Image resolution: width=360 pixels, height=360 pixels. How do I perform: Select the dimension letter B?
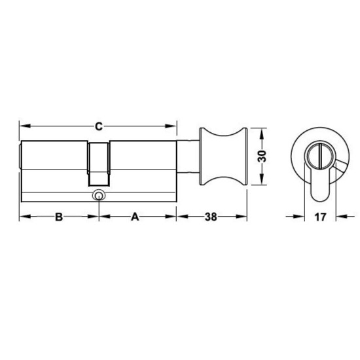[x=58, y=217]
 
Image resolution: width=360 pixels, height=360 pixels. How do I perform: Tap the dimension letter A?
[x=136, y=217]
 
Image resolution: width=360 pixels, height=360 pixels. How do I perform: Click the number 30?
[x=262, y=158]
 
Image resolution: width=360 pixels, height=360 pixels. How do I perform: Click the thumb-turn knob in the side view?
[x=224, y=158]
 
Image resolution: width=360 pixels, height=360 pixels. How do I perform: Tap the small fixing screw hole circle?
[x=99, y=194]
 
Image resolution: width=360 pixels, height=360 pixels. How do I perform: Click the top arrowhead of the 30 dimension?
[x=262, y=132]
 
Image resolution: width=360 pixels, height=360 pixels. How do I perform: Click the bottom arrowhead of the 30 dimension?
[x=262, y=184]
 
